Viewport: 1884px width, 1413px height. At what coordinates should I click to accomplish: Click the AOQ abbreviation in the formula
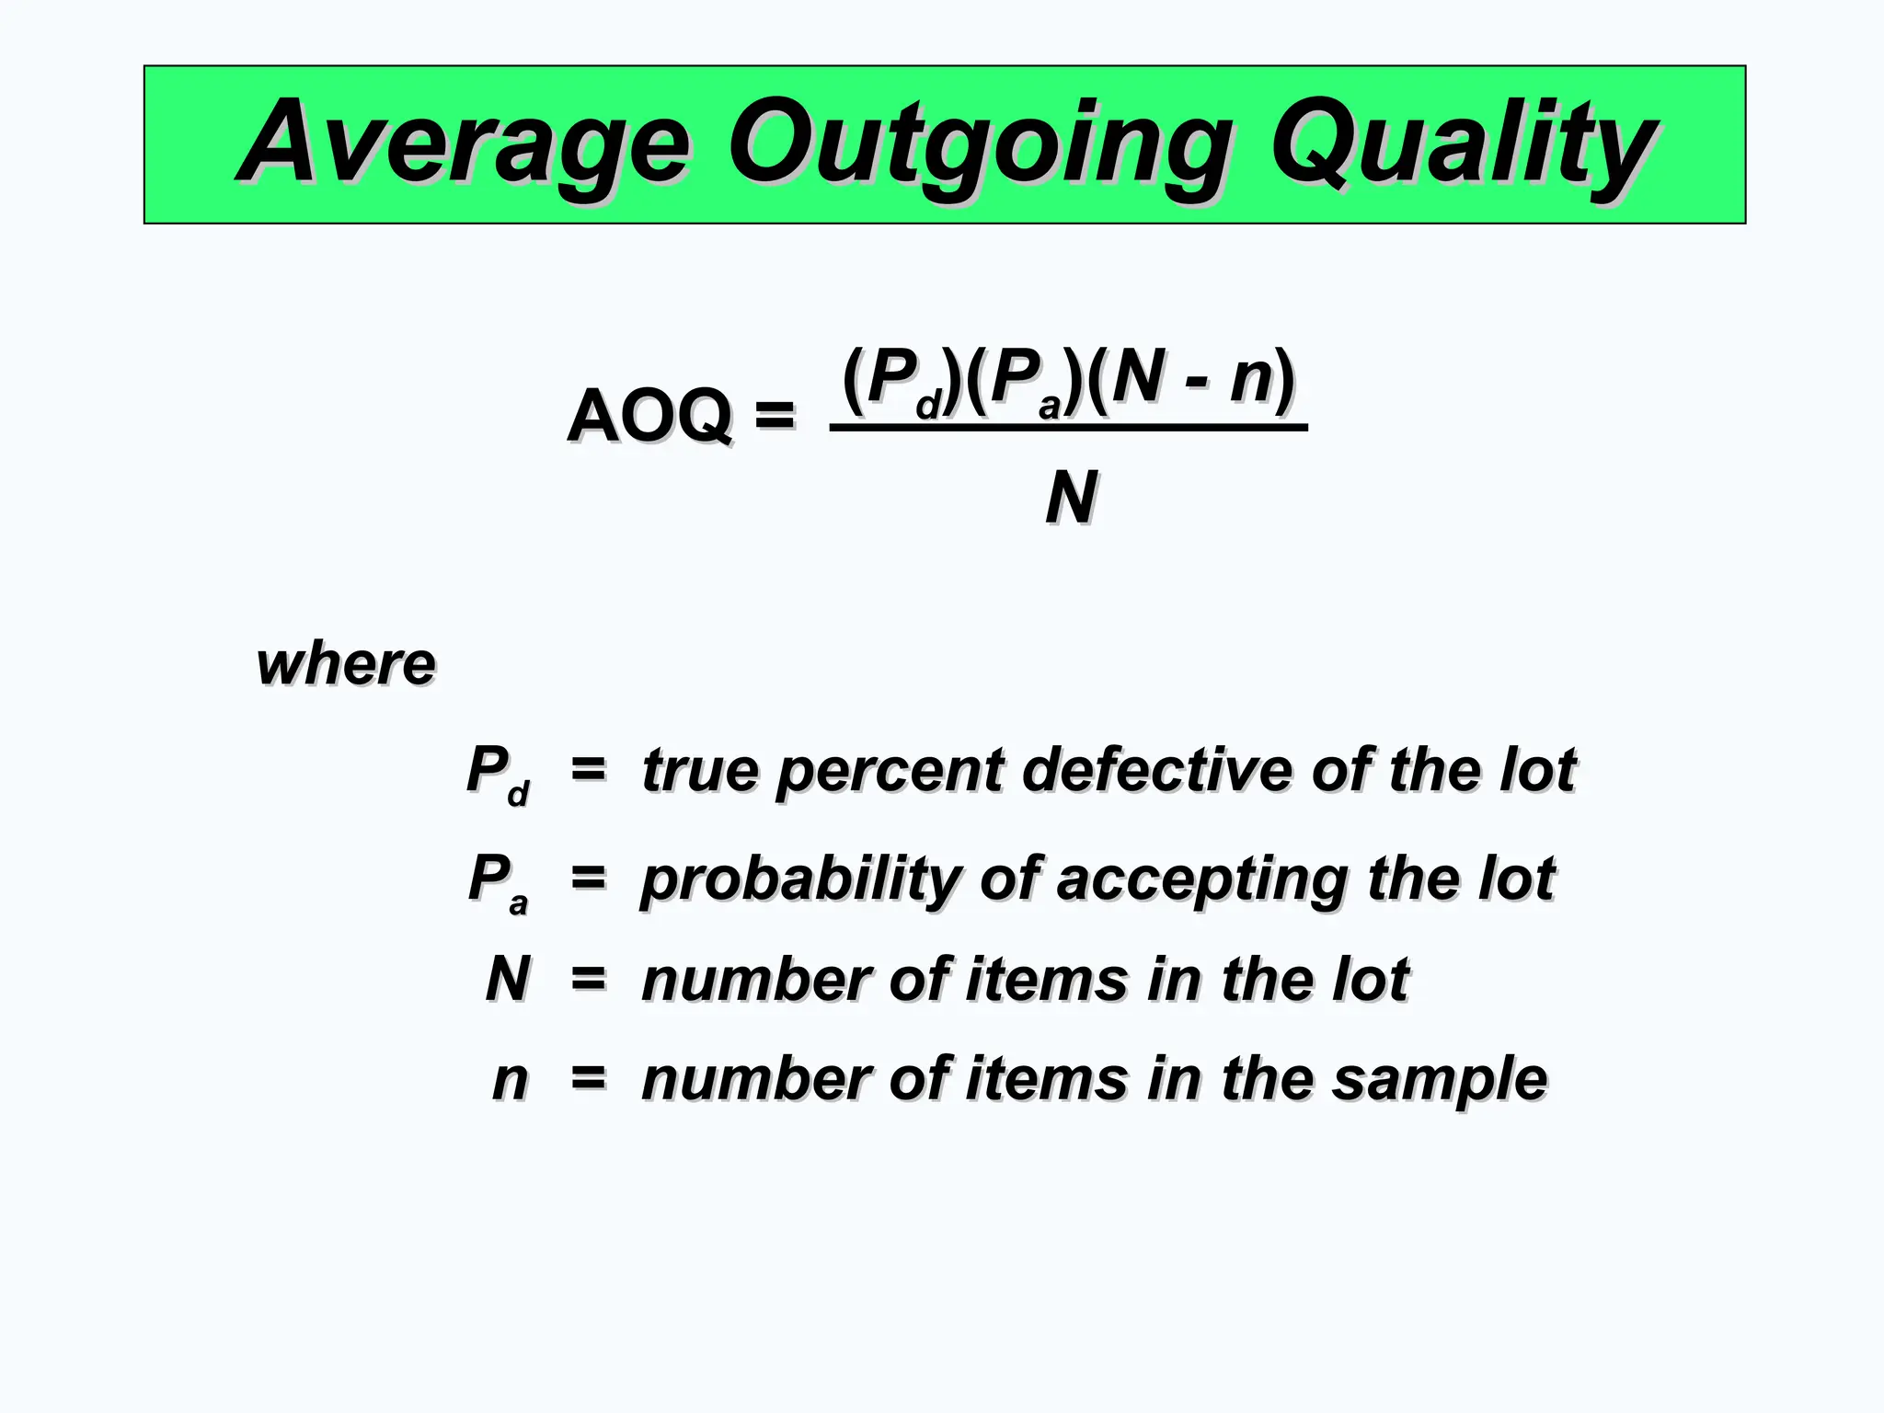pyautogui.click(x=649, y=416)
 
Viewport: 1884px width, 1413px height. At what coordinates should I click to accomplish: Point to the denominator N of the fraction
pyautogui.click(x=1071, y=498)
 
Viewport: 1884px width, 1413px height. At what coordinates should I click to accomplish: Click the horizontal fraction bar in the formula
pyautogui.click(x=1068, y=428)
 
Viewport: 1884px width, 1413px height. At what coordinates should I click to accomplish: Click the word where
pyautogui.click(x=346, y=664)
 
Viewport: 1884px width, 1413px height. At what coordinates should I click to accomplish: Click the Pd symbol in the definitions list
pyautogui.click(x=498, y=773)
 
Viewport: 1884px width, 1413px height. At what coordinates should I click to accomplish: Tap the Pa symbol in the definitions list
pyautogui.click(x=498, y=881)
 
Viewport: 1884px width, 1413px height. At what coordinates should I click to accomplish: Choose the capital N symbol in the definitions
pyautogui.click(x=508, y=978)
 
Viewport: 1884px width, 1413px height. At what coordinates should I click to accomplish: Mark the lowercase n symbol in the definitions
pyautogui.click(x=511, y=1079)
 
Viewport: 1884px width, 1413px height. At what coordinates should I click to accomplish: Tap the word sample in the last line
pyautogui.click(x=1440, y=1079)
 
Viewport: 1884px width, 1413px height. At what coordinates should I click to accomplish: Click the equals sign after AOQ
pyautogui.click(x=774, y=416)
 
